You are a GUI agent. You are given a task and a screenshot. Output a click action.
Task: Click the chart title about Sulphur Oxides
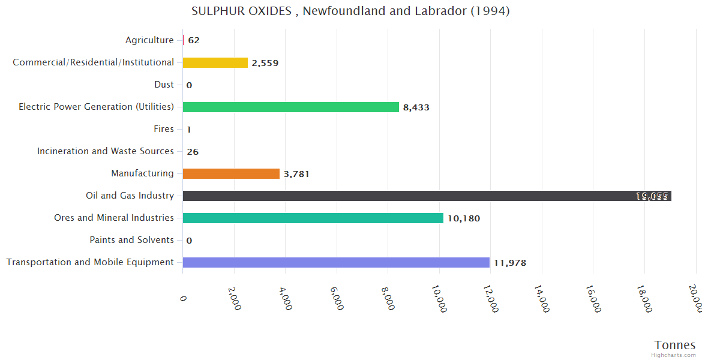[x=350, y=11]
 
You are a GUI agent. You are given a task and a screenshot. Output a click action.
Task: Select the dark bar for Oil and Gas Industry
[x=427, y=196]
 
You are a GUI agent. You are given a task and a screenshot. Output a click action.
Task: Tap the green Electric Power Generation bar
[x=290, y=107]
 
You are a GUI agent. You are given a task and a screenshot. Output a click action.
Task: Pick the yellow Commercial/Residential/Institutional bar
[x=215, y=63]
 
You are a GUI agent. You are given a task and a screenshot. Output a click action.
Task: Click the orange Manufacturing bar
[x=231, y=174]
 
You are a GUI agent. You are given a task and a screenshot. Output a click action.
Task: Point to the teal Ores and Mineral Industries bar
[x=313, y=218]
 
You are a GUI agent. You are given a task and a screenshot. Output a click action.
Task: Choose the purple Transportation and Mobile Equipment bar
[x=336, y=263]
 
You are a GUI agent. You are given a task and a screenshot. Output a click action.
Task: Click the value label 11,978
[x=510, y=263]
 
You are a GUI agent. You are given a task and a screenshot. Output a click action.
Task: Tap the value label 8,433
[x=416, y=107]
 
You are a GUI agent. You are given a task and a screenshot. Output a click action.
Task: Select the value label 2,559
[x=265, y=63]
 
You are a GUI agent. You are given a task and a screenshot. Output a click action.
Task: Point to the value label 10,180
[x=464, y=218]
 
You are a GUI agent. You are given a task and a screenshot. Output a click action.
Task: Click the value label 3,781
[x=296, y=174]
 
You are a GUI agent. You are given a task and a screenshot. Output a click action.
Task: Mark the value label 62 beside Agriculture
[x=194, y=41]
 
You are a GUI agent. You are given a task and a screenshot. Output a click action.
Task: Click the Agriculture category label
[x=149, y=40]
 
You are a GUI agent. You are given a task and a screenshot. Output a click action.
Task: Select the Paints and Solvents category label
[x=132, y=240]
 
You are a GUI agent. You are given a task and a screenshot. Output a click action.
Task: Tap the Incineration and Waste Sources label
[x=106, y=151]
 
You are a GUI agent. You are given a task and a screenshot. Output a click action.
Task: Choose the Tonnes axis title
[x=675, y=345]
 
